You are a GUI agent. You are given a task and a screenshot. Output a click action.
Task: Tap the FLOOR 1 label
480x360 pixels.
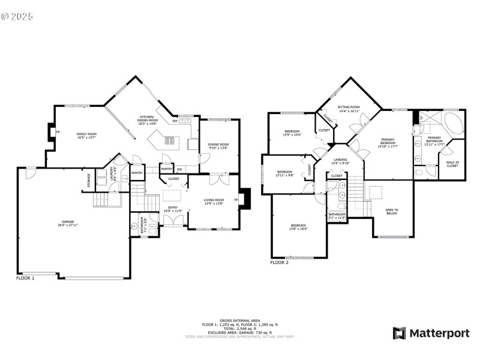pos(25,278)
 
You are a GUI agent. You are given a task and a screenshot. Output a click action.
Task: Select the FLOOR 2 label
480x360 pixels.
pos(279,263)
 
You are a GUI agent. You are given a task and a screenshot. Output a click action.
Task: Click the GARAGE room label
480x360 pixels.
pos(67,223)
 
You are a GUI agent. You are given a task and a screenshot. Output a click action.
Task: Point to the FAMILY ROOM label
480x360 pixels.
pos(86,136)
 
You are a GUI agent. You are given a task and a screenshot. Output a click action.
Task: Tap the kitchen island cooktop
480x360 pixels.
pos(169,141)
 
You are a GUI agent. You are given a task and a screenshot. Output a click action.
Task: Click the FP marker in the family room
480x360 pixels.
pos(57,132)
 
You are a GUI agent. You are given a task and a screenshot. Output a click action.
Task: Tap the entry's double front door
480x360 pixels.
pos(174,221)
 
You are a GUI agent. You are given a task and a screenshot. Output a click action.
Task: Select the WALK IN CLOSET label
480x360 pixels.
pos(452,164)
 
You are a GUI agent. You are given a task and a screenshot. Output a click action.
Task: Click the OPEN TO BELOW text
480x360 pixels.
pos(391,211)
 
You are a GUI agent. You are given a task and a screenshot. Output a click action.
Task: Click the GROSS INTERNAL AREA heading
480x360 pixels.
pos(240,321)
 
